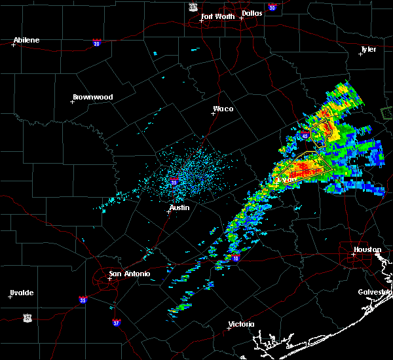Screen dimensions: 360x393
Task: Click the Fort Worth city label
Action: pyautogui.click(x=217, y=16)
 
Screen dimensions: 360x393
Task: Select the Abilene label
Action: pyautogui.click(x=27, y=40)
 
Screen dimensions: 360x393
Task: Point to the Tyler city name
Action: pyautogui.click(x=369, y=49)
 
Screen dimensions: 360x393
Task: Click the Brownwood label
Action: pyautogui.click(x=92, y=97)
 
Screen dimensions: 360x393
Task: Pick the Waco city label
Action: pyautogui.click(x=223, y=109)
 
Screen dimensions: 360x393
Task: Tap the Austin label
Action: pyautogui.click(x=179, y=207)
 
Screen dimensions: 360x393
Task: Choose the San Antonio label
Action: pyautogui.click(x=129, y=274)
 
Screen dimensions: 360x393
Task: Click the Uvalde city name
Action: pyautogui.click(x=22, y=293)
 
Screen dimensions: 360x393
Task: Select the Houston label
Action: pyautogui.click(x=367, y=249)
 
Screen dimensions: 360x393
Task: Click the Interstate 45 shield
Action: pyautogui.click(x=306, y=135)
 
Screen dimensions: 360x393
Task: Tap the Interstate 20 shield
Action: pyautogui.click(x=97, y=43)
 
